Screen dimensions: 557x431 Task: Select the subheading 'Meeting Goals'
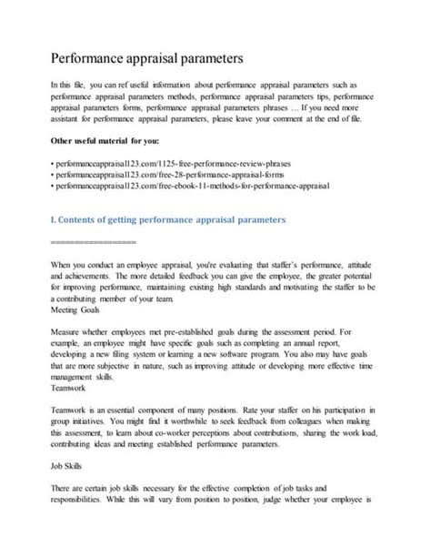pos(75,309)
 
